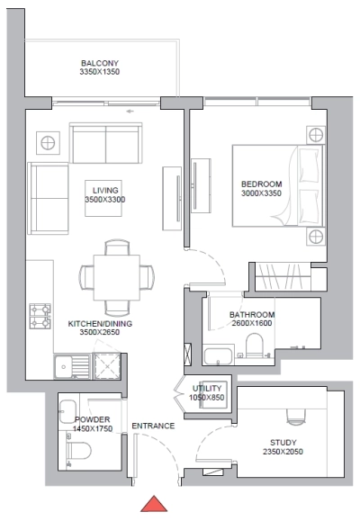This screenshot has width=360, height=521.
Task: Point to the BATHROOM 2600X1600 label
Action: [238, 319]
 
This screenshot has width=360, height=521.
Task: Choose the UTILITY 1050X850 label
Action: [207, 391]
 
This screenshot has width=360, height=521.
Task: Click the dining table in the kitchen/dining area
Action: [114, 274]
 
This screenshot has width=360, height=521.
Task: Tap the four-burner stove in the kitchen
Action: [40, 317]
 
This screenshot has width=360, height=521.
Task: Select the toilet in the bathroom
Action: [254, 346]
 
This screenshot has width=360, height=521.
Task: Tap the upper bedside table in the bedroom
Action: [314, 135]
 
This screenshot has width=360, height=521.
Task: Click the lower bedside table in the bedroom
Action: [314, 236]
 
